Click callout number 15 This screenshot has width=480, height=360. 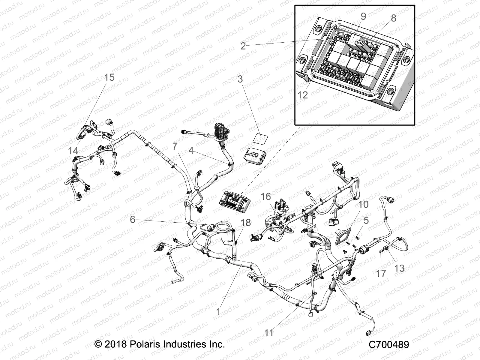click(x=109, y=77)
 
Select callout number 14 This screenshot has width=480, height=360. click(x=73, y=151)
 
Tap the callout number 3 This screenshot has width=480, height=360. click(x=240, y=79)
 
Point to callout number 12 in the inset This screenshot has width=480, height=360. click(x=303, y=95)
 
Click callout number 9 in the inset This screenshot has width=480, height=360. click(x=363, y=16)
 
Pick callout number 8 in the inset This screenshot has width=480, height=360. click(x=393, y=18)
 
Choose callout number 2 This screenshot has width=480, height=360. click(x=243, y=46)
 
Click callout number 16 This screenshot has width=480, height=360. click(x=266, y=197)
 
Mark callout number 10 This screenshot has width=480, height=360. click(x=363, y=205)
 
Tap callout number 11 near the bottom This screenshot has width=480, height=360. click(x=269, y=333)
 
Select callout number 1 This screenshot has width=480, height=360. click(x=218, y=312)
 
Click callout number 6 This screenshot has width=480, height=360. click(x=133, y=219)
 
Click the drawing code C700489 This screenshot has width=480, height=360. click(x=389, y=344)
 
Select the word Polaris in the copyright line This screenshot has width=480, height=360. click(x=143, y=344)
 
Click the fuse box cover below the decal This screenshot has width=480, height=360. click(x=254, y=157)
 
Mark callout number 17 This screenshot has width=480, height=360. click(x=381, y=273)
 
